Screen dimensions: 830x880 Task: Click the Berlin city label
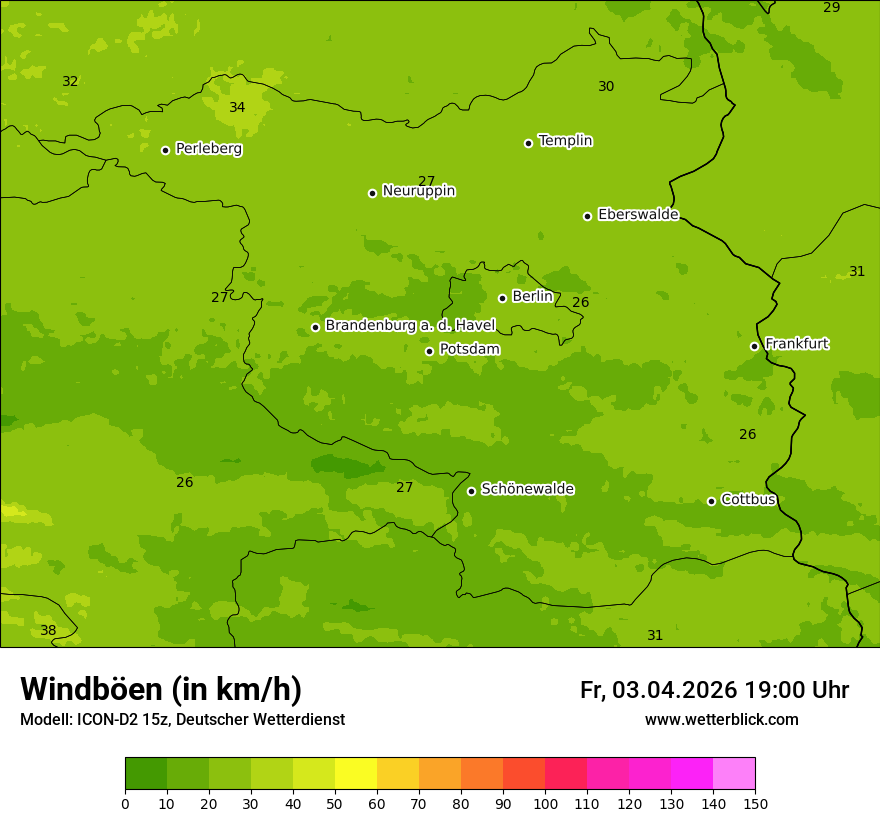532,296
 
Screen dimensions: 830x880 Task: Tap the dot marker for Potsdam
430,351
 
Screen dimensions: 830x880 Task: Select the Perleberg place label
208,149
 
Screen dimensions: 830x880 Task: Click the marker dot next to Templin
528,143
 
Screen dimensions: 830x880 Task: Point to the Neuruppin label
418,190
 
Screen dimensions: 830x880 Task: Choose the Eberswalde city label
638,214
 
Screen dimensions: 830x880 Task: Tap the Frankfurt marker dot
754,346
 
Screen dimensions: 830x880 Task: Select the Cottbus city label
748,499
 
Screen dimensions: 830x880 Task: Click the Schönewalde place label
527,489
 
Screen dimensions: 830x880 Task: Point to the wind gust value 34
237,107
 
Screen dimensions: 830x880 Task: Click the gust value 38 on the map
48,630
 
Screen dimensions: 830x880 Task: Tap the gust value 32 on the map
70,81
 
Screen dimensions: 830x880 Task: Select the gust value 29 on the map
831,7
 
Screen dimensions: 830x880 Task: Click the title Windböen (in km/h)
161,689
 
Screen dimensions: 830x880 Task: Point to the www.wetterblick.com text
721,720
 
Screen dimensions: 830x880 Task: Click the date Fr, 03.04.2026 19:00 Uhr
714,690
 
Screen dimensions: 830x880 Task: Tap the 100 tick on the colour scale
545,803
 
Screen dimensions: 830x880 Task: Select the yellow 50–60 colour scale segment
356,774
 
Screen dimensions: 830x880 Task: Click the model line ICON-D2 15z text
182,720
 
